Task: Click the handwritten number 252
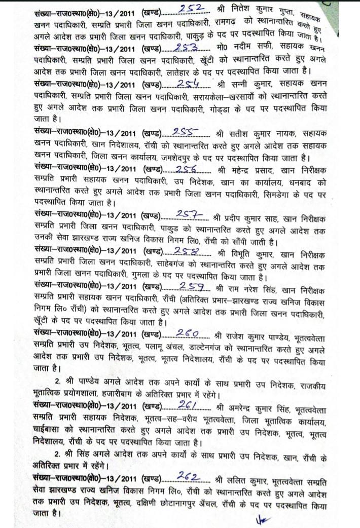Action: (192, 9)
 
